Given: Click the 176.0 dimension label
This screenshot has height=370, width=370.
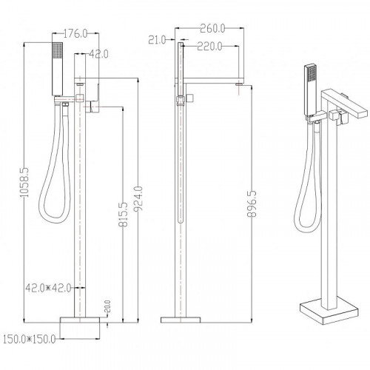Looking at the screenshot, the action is coord(75,33).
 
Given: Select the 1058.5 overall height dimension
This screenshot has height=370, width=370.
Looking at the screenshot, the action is coord(24,182).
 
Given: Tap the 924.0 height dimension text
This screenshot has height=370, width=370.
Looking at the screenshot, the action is coord(138,199).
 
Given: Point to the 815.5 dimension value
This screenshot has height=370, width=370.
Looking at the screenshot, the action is coord(124,215).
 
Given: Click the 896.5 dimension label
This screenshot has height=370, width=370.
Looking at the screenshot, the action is coord(252,203).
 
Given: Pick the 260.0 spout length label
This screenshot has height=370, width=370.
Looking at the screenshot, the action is coord(212,28).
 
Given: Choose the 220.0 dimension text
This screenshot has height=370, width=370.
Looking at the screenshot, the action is coord(209,47).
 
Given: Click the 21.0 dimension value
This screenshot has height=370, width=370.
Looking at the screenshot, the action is coord(157,40).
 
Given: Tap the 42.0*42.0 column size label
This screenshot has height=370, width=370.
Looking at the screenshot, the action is coord(48,288).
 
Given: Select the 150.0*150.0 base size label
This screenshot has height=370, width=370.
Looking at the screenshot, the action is coord(29,340).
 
